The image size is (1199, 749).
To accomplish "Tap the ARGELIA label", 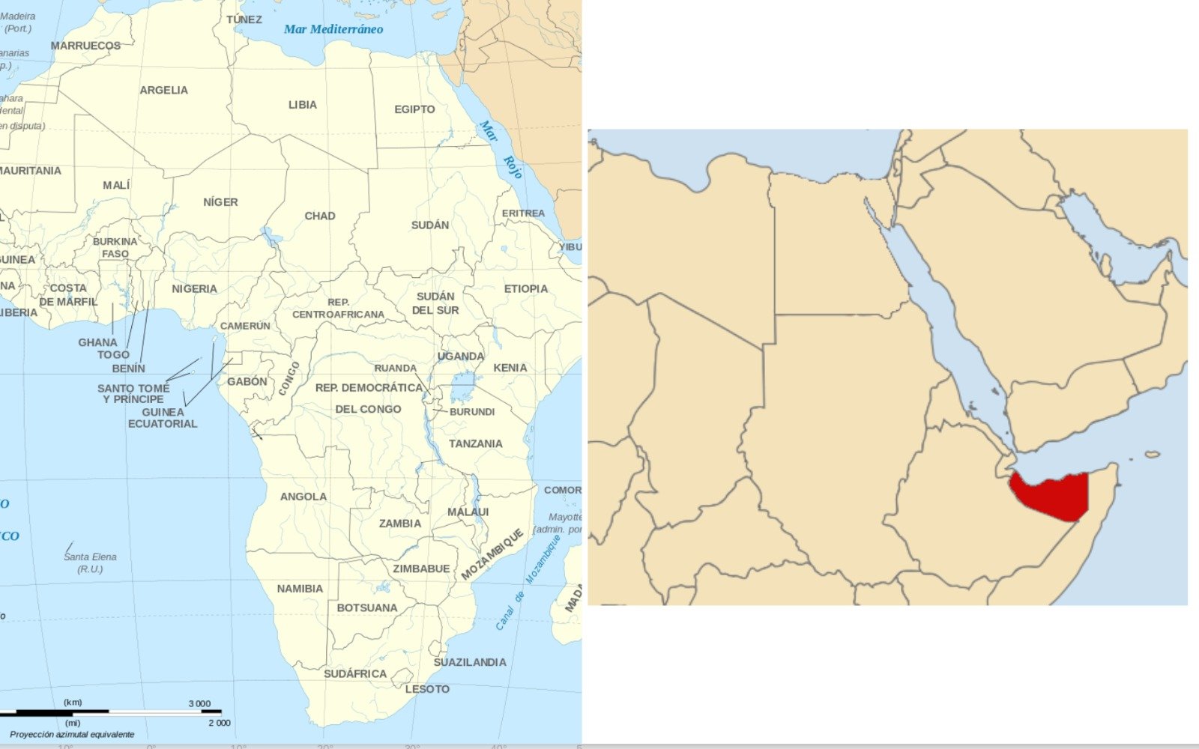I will tap(163, 90).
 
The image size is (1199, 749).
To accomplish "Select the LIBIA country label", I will tap(303, 105).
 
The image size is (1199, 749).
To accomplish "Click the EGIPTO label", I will tap(414, 109).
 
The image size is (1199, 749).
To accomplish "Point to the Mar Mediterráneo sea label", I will tap(333, 29).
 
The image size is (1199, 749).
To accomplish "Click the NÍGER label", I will tap(220, 202).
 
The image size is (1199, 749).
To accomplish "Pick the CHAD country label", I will tap(319, 216).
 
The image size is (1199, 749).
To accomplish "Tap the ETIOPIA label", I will tap(525, 288).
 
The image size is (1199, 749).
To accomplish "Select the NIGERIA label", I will tap(194, 288).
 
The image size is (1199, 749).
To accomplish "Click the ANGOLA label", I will tap(303, 497).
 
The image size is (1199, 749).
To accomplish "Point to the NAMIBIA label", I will tap(300, 589).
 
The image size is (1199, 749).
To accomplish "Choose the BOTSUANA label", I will tap(366, 607).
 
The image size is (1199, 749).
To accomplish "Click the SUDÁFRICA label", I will tap(355, 673).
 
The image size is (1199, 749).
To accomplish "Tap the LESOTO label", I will tap(427, 689).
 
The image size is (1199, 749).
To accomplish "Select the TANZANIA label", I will tap(475, 443).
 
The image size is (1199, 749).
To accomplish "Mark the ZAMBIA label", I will tap(399, 524).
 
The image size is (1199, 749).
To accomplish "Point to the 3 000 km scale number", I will tap(199, 703).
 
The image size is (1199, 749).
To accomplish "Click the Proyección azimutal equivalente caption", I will tap(72, 735).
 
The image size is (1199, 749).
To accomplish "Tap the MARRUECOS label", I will tap(85, 46).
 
